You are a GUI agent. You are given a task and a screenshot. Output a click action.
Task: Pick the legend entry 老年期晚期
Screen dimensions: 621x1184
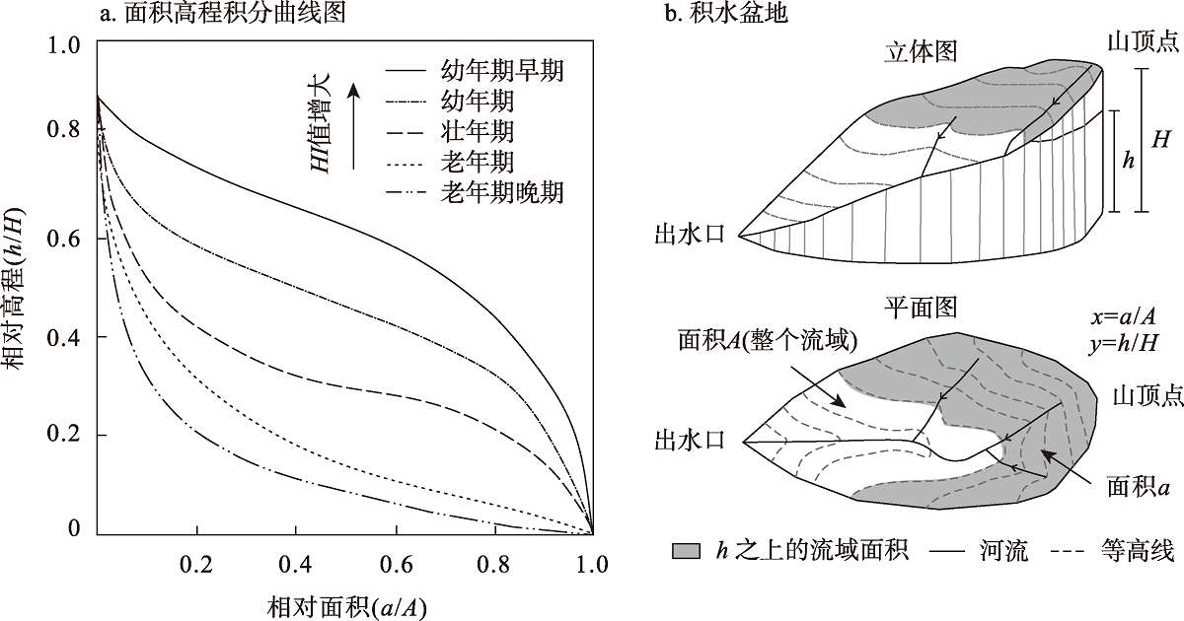(502, 192)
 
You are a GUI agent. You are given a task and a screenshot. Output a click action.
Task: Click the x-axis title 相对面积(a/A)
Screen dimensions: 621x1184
(346, 604)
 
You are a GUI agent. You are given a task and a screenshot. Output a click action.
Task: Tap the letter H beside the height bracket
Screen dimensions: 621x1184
(1161, 140)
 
